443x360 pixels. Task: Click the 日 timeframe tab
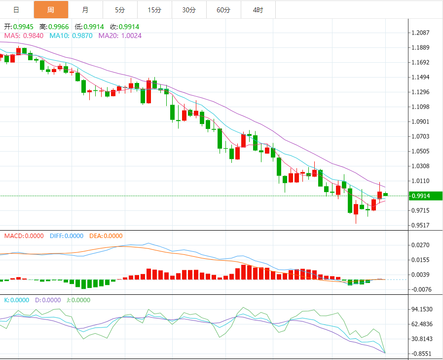point(16,10)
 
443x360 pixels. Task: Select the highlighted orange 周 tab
point(51,10)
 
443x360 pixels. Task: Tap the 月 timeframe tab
point(85,10)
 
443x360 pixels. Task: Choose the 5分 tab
point(120,10)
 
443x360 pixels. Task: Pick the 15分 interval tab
point(154,10)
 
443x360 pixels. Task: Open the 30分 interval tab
point(189,10)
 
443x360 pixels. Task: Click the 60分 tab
point(223,10)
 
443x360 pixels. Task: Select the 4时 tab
point(258,10)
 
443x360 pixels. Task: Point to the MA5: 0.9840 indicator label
point(24,36)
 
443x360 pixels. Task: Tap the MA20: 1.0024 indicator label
point(120,36)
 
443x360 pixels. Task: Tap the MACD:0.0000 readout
point(24,236)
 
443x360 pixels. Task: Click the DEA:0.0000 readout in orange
point(106,236)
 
